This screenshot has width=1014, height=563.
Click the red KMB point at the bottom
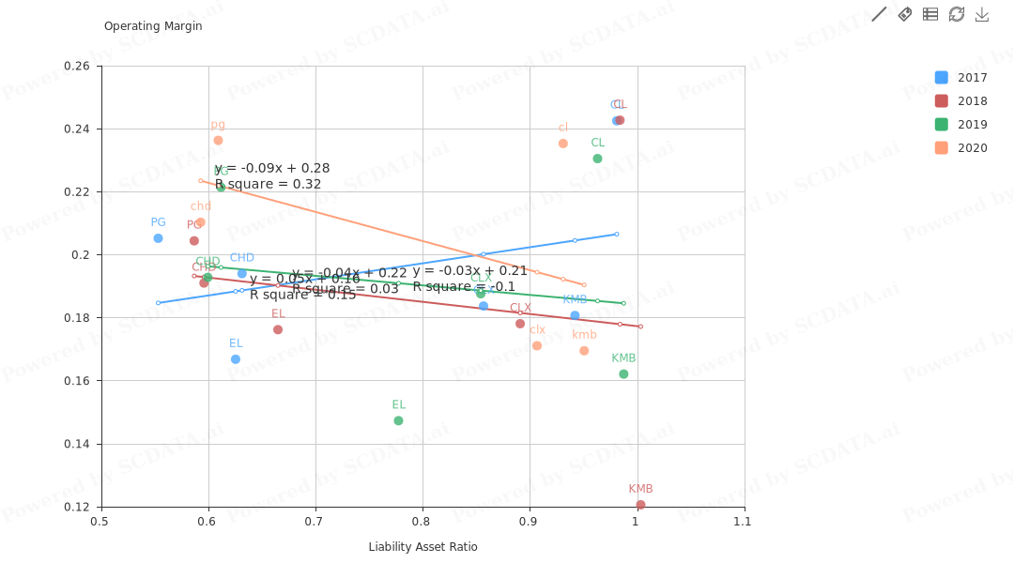pyautogui.click(x=640, y=505)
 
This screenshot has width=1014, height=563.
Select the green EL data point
pyautogui.click(x=398, y=420)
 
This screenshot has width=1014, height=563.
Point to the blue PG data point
pyautogui.click(x=158, y=238)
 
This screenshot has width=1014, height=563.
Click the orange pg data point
pyautogui.click(x=218, y=141)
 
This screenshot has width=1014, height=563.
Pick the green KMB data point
pyautogui.click(x=623, y=374)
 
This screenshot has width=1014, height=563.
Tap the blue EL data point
pyautogui.click(x=235, y=359)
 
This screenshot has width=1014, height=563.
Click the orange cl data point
pyautogui.click(x=563, y=144)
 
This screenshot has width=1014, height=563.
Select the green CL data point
pyautogui.click(x=597, y=159)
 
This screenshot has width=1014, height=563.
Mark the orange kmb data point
pyautogui.click(x=584, y=351)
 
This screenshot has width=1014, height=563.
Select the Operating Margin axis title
pyautogui.click(x=153, y=26)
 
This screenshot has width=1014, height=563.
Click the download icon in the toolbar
pyautogui.click(x=982, y=14)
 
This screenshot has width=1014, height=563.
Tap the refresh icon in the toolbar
pyautogui.click(x=957, y=14)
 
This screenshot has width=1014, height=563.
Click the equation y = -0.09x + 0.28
pyautogui.click(x=272, y=169)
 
